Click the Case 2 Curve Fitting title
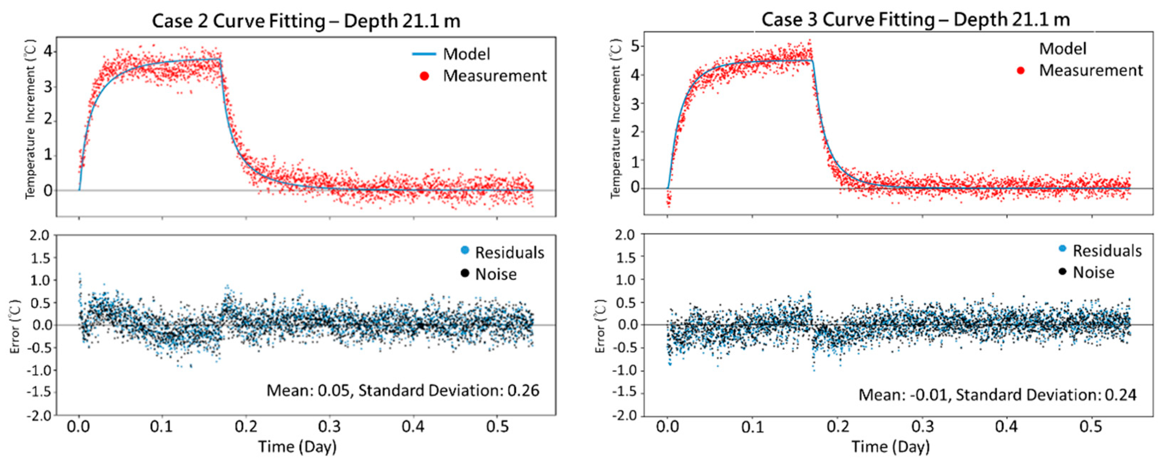[306, 21]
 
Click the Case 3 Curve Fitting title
[915, 20]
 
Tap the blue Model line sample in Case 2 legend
[424, 54]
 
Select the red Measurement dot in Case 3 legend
[1021, 70]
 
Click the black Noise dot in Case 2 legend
[464, 273]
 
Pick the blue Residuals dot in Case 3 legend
[1062, 248]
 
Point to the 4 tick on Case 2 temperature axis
[47, 52]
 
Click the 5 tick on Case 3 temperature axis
[635, 46]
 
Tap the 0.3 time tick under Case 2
[330, 426]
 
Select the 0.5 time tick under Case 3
[1091, 426]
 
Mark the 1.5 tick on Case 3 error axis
[625, 257]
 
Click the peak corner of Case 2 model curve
[220, 59]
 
